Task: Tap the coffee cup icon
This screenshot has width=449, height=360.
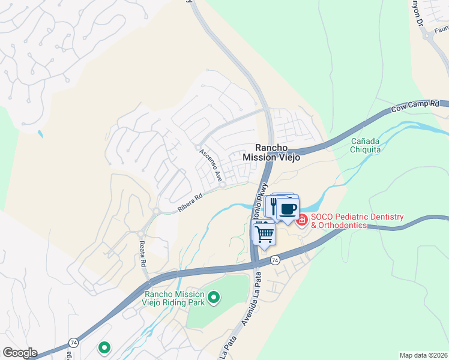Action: [x=289, y=209]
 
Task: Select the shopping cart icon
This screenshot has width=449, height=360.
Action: [x=264, y=232]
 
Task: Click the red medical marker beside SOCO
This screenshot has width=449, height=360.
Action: [x=301, y=220]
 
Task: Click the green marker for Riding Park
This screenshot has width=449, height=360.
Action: [x=212, y=297]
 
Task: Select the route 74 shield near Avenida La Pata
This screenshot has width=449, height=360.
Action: [x=275, y=260]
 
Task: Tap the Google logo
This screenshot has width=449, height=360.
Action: [x=20, y=353]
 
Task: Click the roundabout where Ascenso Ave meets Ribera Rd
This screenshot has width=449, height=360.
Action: [x=222, y=185]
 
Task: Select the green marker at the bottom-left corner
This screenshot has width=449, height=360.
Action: [x=104, y=347]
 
